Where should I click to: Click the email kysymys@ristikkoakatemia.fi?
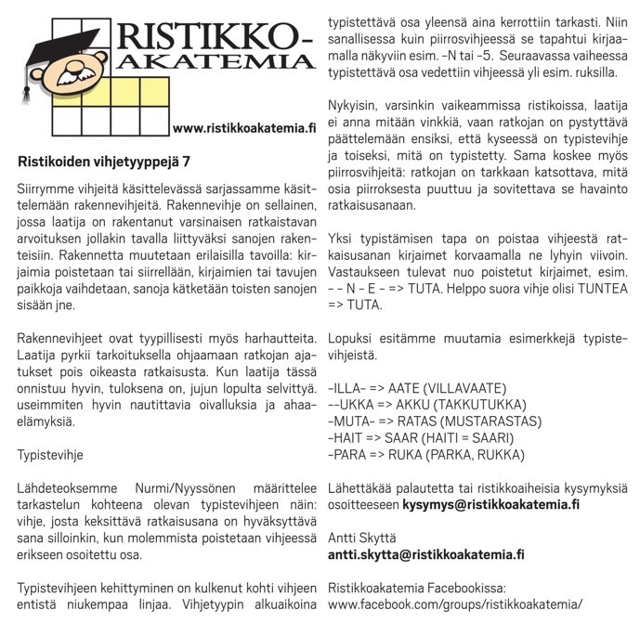(x=491, y=505)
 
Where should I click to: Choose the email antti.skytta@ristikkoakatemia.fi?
(x=426, y=554)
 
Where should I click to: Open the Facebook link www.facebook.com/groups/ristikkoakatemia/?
(x=455, y=604)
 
